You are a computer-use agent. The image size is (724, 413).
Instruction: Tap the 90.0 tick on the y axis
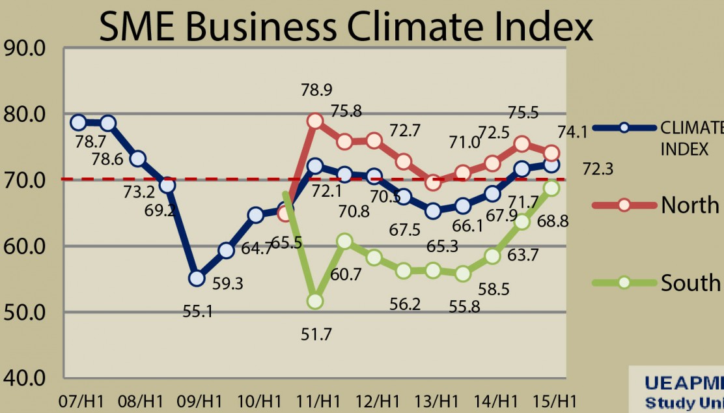25,49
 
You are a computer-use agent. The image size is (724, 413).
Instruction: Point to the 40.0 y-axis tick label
25,378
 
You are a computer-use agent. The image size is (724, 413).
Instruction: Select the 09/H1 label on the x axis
198,399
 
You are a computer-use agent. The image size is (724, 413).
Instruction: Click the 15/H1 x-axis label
553,399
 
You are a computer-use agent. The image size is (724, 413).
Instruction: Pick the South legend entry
690,283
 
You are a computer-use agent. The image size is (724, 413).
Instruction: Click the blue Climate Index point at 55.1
197,278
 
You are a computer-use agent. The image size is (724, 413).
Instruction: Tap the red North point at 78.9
315,121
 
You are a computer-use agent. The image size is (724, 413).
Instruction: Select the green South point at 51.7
315,301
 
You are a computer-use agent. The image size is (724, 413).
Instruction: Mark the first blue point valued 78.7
79,122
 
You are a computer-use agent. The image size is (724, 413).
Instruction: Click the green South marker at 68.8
551,188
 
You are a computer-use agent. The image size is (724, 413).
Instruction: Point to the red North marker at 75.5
522,144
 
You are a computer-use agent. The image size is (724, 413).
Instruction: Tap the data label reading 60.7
346,275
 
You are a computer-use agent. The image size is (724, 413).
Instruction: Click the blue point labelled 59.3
226,250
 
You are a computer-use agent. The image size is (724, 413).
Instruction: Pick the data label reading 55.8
465,306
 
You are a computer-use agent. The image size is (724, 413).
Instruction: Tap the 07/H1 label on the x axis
79,399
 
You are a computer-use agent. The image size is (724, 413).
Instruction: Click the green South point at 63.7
522,222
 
